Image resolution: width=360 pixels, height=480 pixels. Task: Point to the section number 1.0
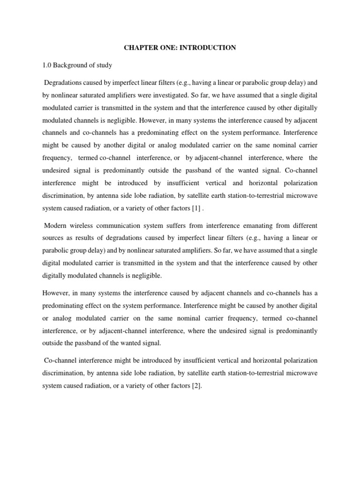pos(47,66)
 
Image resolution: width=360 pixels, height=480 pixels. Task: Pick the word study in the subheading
pos(105,66)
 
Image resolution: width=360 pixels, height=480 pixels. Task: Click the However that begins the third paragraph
pos(56,293)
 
